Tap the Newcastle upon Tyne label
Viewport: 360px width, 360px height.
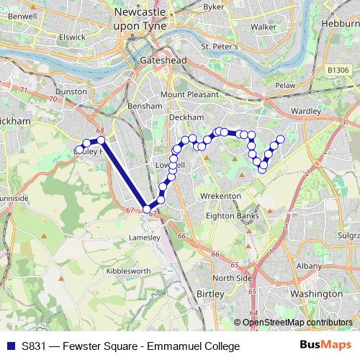point(140,19)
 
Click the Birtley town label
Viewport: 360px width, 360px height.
point(210,294)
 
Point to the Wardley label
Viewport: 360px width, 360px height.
point(310,112)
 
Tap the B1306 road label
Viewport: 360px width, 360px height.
point(337,69)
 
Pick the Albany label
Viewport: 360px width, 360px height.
point(308,266)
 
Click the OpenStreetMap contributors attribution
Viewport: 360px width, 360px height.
point(297,323)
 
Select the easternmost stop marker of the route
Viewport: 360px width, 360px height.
point(281,139)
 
